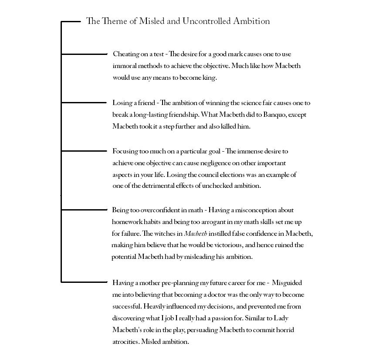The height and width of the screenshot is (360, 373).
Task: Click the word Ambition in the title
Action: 252,21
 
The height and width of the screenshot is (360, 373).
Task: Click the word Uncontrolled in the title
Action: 207,21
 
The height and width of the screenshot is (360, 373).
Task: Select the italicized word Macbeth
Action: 196,234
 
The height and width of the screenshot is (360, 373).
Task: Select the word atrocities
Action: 125,342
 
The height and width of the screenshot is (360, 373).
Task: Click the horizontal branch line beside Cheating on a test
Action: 84,54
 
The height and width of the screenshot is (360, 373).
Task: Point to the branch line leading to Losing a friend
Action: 84,102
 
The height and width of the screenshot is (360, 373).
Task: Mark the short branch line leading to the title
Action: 71,21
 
